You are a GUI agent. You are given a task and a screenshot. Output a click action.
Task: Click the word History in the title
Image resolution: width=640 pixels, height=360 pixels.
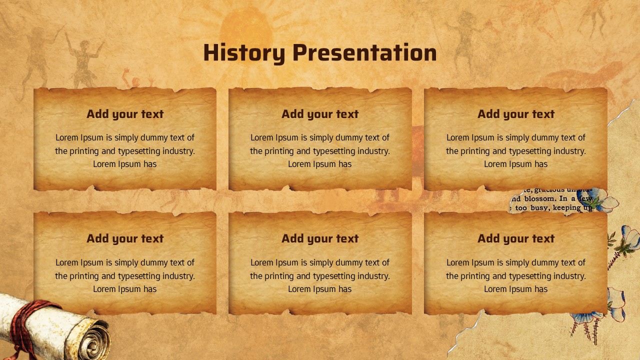[x=244, y=53]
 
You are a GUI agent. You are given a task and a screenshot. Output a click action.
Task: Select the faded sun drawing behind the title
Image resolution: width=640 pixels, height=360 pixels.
[x=246, y=25]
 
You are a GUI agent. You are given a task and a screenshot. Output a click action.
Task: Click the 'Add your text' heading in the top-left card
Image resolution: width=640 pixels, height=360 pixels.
[x=125, y=114]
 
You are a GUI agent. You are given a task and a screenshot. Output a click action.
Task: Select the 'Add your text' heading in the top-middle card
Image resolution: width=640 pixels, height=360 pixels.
[x=320, y=114]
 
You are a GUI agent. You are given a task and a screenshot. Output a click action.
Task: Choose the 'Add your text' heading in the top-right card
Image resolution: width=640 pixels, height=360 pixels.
[x=516, y=114]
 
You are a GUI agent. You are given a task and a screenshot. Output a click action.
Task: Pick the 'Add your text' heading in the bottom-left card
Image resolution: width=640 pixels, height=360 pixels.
[x=125, y=238]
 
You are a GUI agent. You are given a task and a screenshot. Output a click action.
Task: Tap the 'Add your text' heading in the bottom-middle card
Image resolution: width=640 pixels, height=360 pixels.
[x=320, y=238]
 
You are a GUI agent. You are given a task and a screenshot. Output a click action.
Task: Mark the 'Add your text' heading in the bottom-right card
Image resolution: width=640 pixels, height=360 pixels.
[x=516, y=238]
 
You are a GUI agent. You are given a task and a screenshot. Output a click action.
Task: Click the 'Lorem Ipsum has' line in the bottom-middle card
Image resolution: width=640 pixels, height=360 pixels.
[x=320, y=289]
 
